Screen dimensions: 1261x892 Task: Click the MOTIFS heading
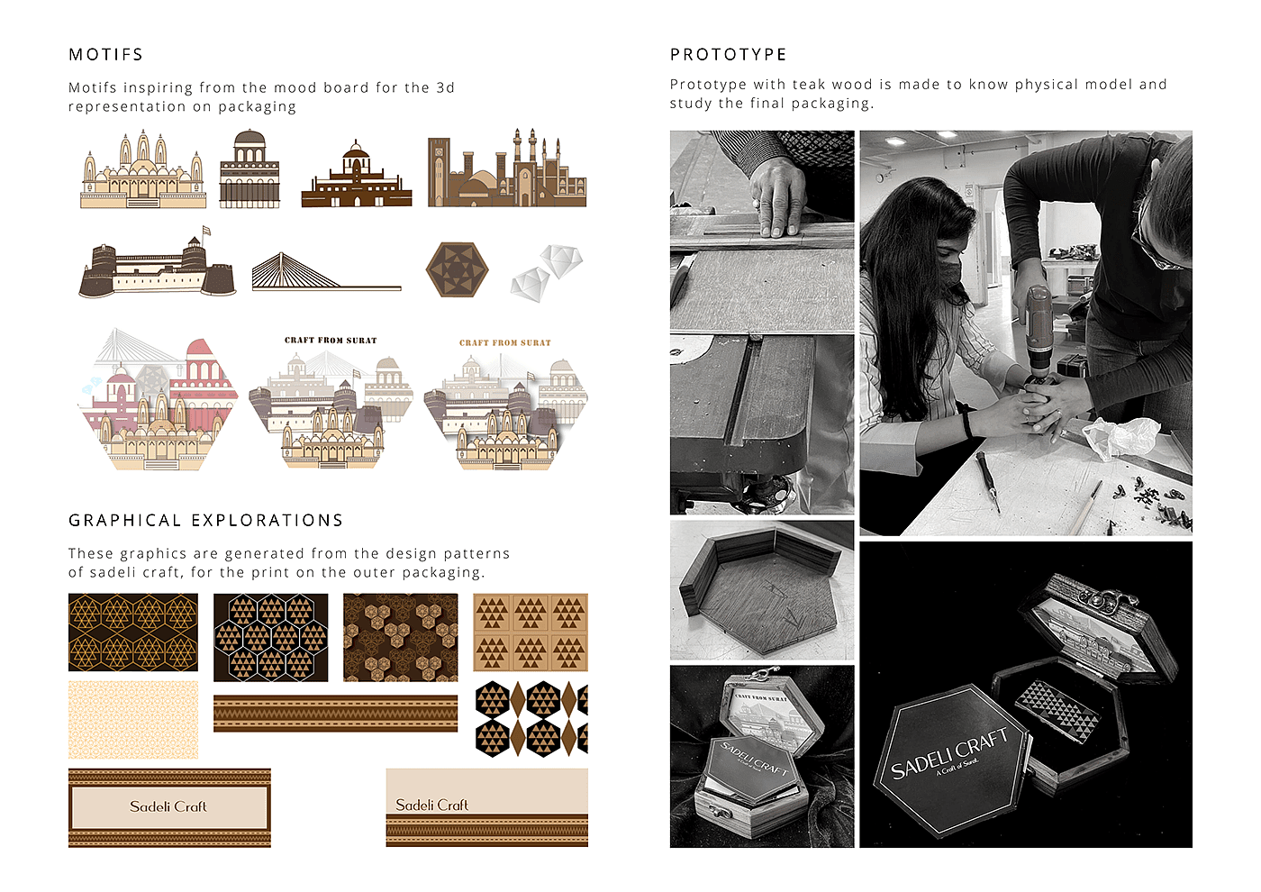click(x=106, y=55)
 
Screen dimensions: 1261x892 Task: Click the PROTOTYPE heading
click(x=728, y=55)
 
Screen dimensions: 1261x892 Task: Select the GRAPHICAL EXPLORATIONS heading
click(x=205, y=521)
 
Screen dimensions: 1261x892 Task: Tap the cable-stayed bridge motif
click(x=326, y=272)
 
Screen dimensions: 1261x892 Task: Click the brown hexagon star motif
click(x=458, y=269)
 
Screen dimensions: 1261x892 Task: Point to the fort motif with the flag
click(x=157, y=262)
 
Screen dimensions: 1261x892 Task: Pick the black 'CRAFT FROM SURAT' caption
click(x=331, y=341)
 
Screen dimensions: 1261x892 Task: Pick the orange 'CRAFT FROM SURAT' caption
click(x=505, y=342)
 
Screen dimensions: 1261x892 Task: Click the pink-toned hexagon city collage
click(x=158, y=399)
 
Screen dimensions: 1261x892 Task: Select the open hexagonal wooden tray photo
click(x=762, y=589)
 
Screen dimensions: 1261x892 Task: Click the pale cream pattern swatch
click(x=133, y=720)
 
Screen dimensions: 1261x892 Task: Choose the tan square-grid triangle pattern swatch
click(x=531, y=633)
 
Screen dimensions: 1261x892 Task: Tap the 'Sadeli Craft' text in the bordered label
click(x=168, y=807)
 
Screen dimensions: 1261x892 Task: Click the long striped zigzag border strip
click(x=335, y=714)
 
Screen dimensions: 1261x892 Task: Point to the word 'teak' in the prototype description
click(x=808, y=85)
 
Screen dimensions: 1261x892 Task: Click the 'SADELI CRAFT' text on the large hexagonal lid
click(x=949, y=753)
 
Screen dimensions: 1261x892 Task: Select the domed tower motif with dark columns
click(x=249, y=169)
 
